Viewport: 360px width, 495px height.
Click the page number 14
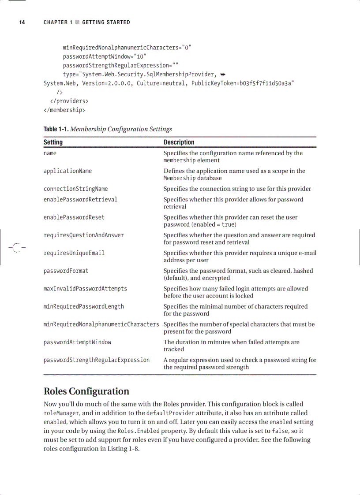coord(22,22)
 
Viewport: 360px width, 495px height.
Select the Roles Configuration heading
coord(86,391)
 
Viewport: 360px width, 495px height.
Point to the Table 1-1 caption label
coord(56,129)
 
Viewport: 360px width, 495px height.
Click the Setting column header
coord(53,142)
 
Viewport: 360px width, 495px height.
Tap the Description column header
coord(179,142)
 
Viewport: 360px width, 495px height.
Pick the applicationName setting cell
coord(67,171)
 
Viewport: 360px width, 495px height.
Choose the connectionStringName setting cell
coord(75,189)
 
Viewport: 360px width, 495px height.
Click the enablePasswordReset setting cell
coord(74,217)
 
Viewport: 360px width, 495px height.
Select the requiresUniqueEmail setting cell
coord(74,253)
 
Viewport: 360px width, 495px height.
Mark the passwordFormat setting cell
coord(66,271)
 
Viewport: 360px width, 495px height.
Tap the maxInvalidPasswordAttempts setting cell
coord(85,289)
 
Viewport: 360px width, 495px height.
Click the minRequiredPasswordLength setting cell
coord(83,306)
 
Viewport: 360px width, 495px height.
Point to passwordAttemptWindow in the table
coord(77,342)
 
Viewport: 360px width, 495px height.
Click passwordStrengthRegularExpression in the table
coord(96,360)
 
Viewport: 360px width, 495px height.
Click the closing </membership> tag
coord(64,110)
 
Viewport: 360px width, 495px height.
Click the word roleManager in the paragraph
coord(61,413)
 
